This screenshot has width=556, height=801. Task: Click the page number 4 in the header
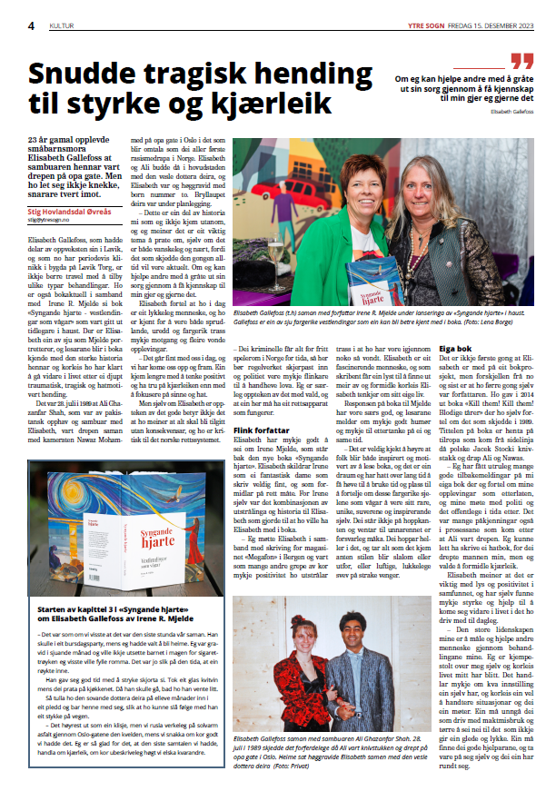coord(31,25)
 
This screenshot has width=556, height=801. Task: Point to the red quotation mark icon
coord(521,62)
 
